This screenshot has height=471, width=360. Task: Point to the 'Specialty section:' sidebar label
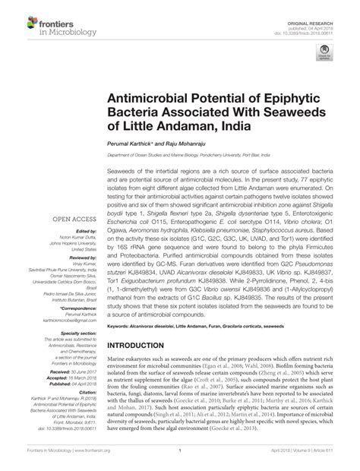[x=76, y=333]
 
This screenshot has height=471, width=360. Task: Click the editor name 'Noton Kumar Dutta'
[x=74, y=238]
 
